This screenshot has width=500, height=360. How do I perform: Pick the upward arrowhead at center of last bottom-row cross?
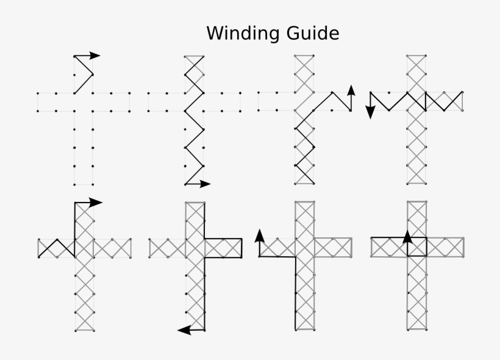(x=408, y=236)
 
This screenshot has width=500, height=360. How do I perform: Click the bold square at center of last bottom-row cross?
(x=417, y=247)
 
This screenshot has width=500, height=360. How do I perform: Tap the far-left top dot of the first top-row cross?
(x=38, y=93)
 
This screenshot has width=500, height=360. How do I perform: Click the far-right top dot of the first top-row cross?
(x=130, y=93)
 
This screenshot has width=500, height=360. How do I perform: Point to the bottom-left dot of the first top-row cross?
(x=74, y=184)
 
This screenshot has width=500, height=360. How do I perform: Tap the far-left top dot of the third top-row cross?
(x=259, y=93)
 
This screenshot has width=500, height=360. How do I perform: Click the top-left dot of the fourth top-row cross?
(x=408, y=56)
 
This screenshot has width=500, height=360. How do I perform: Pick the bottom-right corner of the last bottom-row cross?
(x=426, y=330)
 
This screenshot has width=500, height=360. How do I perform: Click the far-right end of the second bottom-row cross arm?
(x=241, y=248)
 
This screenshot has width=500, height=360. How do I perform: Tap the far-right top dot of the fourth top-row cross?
(x=463, y=93)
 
